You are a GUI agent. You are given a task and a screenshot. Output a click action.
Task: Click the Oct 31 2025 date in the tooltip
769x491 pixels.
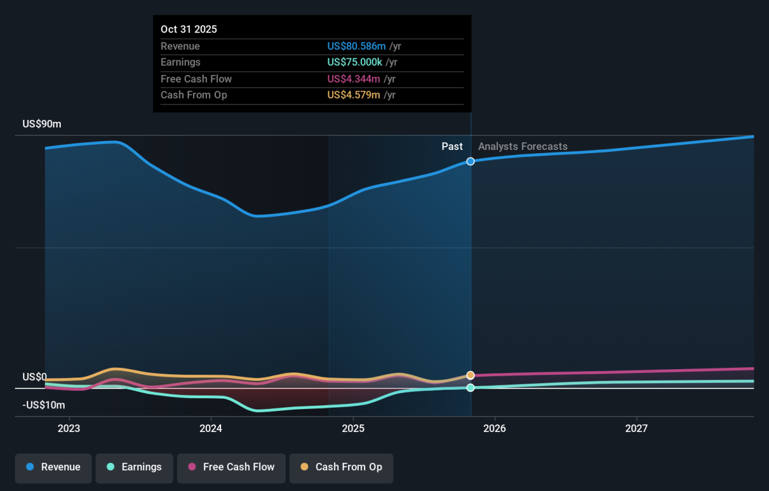189,29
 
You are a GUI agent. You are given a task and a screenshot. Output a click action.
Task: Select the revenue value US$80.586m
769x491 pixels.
356,46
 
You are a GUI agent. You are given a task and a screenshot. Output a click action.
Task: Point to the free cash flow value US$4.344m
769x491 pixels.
354,79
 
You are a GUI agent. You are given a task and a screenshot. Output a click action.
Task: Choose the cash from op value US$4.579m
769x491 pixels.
354,95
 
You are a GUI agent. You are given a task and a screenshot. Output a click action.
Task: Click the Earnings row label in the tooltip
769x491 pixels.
181,62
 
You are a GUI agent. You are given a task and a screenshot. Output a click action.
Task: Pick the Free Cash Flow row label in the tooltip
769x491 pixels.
196,79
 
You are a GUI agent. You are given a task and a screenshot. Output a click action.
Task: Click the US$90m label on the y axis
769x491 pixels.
42,124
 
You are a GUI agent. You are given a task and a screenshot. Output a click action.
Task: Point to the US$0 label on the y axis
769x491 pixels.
35,377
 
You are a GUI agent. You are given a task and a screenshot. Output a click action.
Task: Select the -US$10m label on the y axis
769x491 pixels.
44,405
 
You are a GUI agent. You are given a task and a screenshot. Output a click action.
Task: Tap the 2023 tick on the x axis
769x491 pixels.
69,428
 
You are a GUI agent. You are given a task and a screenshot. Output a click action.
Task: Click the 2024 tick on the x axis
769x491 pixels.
211,428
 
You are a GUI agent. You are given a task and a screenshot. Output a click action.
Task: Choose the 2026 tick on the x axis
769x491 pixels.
495,428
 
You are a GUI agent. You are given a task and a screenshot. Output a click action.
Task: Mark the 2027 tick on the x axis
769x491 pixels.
636,428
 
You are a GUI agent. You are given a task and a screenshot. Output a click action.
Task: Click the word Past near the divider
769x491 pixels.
452,147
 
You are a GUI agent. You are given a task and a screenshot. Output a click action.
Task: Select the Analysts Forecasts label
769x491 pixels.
522,147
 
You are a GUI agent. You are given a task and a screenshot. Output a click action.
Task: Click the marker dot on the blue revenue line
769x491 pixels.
470,162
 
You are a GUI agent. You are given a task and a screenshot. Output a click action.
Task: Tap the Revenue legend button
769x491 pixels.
54,467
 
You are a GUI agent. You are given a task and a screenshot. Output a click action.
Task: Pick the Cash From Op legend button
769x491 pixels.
342,467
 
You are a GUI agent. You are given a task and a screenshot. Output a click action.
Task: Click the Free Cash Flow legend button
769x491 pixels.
231,467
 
